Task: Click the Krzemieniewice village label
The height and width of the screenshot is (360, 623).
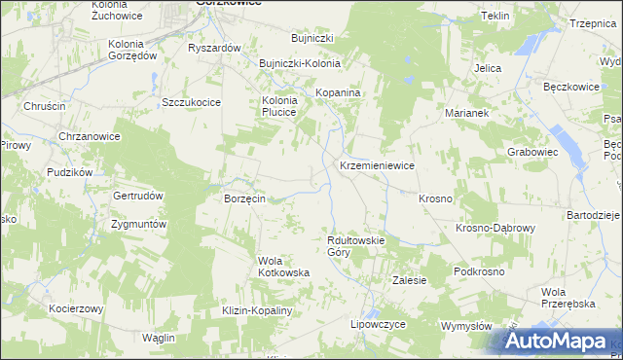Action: (x=377, y=166)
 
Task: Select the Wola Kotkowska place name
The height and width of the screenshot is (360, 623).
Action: (x=283, y=267)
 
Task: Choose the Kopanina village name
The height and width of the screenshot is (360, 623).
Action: (x=339, y=93)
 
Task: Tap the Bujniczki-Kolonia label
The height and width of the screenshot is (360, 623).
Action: (x=299, y=63)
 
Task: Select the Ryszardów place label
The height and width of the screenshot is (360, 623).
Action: (x=214, y=48)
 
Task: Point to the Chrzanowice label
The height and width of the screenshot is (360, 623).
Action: (x=90, y=136)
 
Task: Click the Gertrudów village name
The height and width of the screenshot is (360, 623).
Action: (x=137, y=195)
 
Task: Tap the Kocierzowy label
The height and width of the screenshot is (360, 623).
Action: (x=77, y=308)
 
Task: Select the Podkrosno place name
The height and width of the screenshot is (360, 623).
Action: (x=479, y=271)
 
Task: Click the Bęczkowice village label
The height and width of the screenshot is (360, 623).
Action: (x=570, y=87)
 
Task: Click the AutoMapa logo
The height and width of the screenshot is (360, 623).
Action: (x=558, y=342)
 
